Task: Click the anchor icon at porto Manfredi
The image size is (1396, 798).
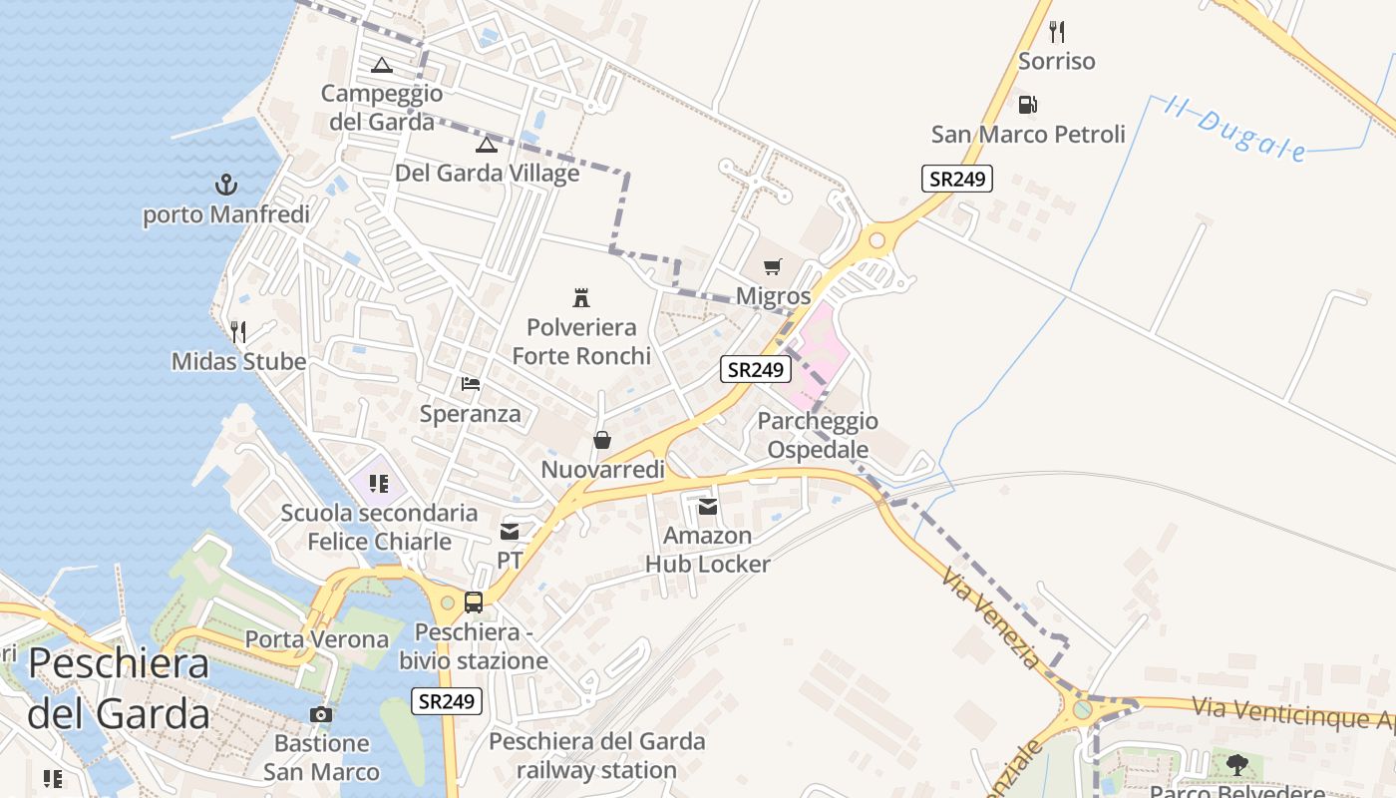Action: click(x=226, y=185)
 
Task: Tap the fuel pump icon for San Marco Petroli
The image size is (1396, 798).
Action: click(x=1027, y=104)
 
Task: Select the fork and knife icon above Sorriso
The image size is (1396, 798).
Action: click(x=1057, y=32)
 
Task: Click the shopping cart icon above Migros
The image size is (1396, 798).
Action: click(x=773, y=266)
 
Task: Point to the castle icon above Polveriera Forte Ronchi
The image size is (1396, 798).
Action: click(x=580, y=297)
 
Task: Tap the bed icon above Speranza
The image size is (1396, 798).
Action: click(x=471, y=384)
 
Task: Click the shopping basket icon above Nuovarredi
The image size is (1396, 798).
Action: click(x=602, y=440)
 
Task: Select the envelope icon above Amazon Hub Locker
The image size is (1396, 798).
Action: click(x=708, y=507)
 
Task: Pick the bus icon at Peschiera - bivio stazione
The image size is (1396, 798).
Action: click(x=474, y=602)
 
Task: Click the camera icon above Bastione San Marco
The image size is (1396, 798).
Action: click(x=321, y=714)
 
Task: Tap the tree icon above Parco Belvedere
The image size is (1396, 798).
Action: click(x=1236, y=765)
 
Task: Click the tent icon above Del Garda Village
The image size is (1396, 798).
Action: click(x=486, y=145)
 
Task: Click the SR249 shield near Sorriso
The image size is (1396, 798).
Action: click(x=956, y=180)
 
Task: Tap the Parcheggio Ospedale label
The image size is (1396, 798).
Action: click(x=818, y=435)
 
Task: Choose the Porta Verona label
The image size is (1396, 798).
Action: click(x=317, y=639)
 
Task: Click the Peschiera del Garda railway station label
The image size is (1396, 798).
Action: click(x=597, y=755)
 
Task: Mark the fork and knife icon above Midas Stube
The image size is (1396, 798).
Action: click(x=237, y=332)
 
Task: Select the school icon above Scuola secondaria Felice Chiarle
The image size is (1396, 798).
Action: click(x=378, y=484)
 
